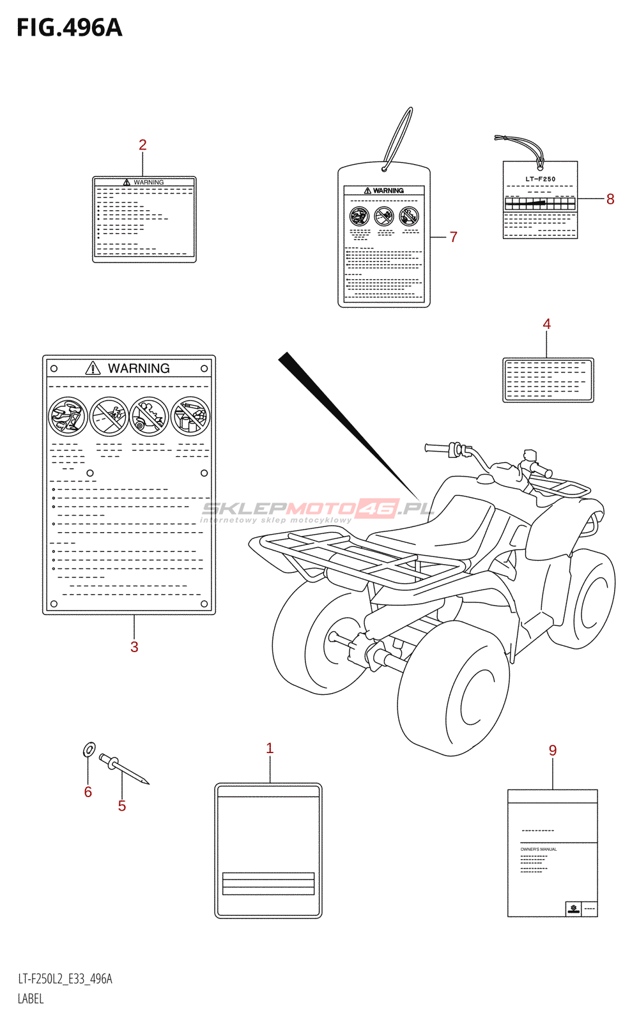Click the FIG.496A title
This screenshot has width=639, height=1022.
coord(69,28)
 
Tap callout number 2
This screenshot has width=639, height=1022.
coord(142,145)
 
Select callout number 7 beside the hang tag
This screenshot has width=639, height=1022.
coord(454,237)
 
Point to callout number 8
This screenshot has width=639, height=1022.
coord(610,199)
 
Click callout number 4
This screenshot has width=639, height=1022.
coord(546,324)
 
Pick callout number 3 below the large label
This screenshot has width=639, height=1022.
coord(134,646)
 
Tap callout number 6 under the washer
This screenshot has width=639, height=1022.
coord(88,792)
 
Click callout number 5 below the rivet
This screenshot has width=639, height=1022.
coord(122,806)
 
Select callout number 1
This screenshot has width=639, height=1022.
coord(270,748)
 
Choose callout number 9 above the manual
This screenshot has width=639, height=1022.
coord(553,751)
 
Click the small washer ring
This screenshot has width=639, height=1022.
coord(89,749)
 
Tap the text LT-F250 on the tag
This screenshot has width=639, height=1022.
coord(541,179)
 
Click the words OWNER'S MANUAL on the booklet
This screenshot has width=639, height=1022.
coord(539,850)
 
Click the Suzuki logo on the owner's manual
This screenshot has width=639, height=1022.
coord(573,908)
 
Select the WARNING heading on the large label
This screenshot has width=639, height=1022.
coord(138,369)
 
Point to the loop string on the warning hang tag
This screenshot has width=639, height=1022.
coord(399,137)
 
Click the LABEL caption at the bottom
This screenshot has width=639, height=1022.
coord(31,999)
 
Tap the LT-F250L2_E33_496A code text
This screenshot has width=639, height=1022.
coord(65,979)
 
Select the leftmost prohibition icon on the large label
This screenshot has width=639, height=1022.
coord(68,416)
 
